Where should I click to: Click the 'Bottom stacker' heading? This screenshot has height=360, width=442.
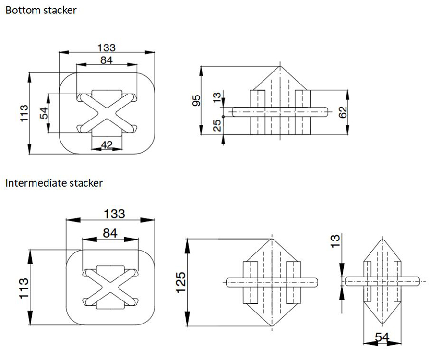pos(41,10)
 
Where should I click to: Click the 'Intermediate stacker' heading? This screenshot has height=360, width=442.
pos(54,183)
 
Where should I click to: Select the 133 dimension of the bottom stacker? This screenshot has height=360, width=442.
pos(107,48)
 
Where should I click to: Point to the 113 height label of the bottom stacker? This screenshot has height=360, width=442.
pos(24,113)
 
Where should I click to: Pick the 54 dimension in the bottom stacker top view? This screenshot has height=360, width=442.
pos(44,113)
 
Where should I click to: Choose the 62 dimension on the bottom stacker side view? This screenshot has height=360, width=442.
pos(343,111)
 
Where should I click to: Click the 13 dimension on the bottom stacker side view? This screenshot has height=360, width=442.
pos(217,98)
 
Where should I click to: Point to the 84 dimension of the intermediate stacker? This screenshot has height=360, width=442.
pos(110,233)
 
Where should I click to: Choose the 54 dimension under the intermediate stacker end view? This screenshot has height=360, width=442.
pos(382,338)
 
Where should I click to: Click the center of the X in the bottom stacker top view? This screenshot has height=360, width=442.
pos(107,113)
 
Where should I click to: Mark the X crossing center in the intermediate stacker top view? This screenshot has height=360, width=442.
pos(110,287)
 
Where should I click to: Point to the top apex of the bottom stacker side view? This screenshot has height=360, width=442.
pos(280,66)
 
